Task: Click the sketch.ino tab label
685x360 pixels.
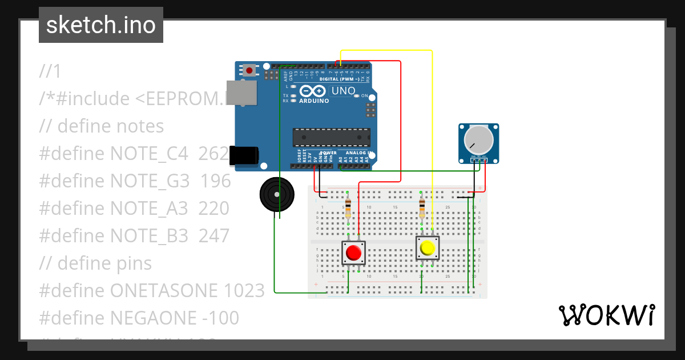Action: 101,25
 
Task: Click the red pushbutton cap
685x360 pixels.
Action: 354,253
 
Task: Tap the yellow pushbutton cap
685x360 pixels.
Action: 427,248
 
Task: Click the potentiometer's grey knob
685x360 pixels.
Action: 478,139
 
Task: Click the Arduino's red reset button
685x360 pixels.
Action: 249,70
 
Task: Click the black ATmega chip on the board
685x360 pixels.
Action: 332,137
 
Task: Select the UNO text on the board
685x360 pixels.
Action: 343,90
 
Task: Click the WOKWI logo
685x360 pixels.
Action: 606,315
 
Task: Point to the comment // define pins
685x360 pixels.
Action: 95,263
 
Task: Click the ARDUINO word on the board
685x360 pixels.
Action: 314,101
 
